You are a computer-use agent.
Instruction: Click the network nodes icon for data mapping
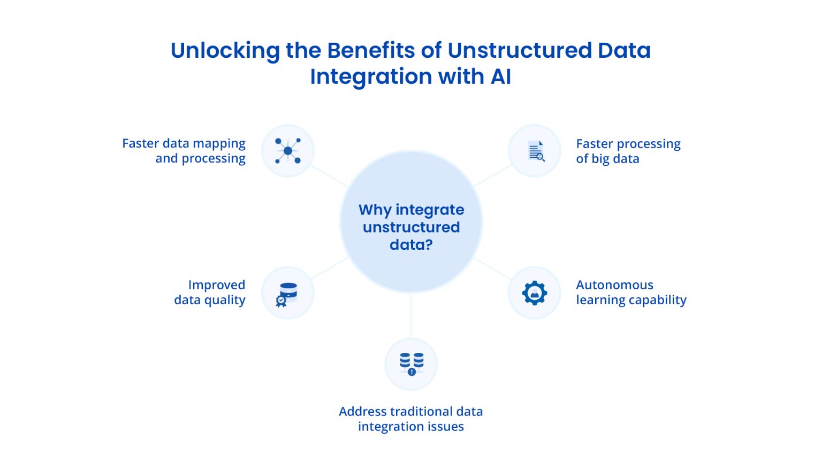pyautogui.click(x=288, y=151)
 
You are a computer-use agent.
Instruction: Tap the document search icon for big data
pyautogui.click(x=535, y=151)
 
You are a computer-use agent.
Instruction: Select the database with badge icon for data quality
pyautogui.click(x=288, y=294)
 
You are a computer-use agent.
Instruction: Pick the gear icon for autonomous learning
pyautogui.click(x=535, y=293)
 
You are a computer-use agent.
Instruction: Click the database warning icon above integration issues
pyautogui.click(x=411, y=364)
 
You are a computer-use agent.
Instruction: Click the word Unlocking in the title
pyautogui.click(x=225, y=51)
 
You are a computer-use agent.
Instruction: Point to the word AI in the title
pyautogui.click(x=501, y=76)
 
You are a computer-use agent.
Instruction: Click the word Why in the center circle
pyautogui.click(x=375, y=210)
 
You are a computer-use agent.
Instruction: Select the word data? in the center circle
pyautogui.click(x=411, y=245)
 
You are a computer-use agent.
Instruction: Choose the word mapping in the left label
pyautogui.click(x=219, y=144)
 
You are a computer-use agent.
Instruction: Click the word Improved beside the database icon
pyautogui.click(x=217, y=285)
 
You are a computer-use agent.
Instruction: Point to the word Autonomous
pyautogui.click(x=614, y=285)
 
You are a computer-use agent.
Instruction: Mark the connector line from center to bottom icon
pyautogui.click(x=411, y=315)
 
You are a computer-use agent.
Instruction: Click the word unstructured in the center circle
pyautogui.click(x=411, y=227)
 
